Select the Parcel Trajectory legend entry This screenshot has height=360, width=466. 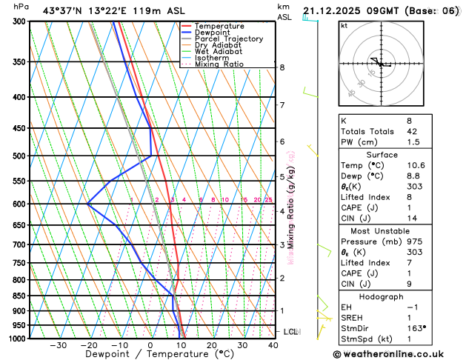click(x=228, y=39)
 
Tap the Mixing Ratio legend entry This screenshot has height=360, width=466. click(x=219, y=64)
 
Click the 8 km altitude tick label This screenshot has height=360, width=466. click(x=282, y=67)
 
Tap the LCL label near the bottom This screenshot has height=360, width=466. click(x=290, y=332)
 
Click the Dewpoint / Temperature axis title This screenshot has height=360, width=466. click(x=150, y=355)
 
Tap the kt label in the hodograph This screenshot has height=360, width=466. click(x=344, y=25)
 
